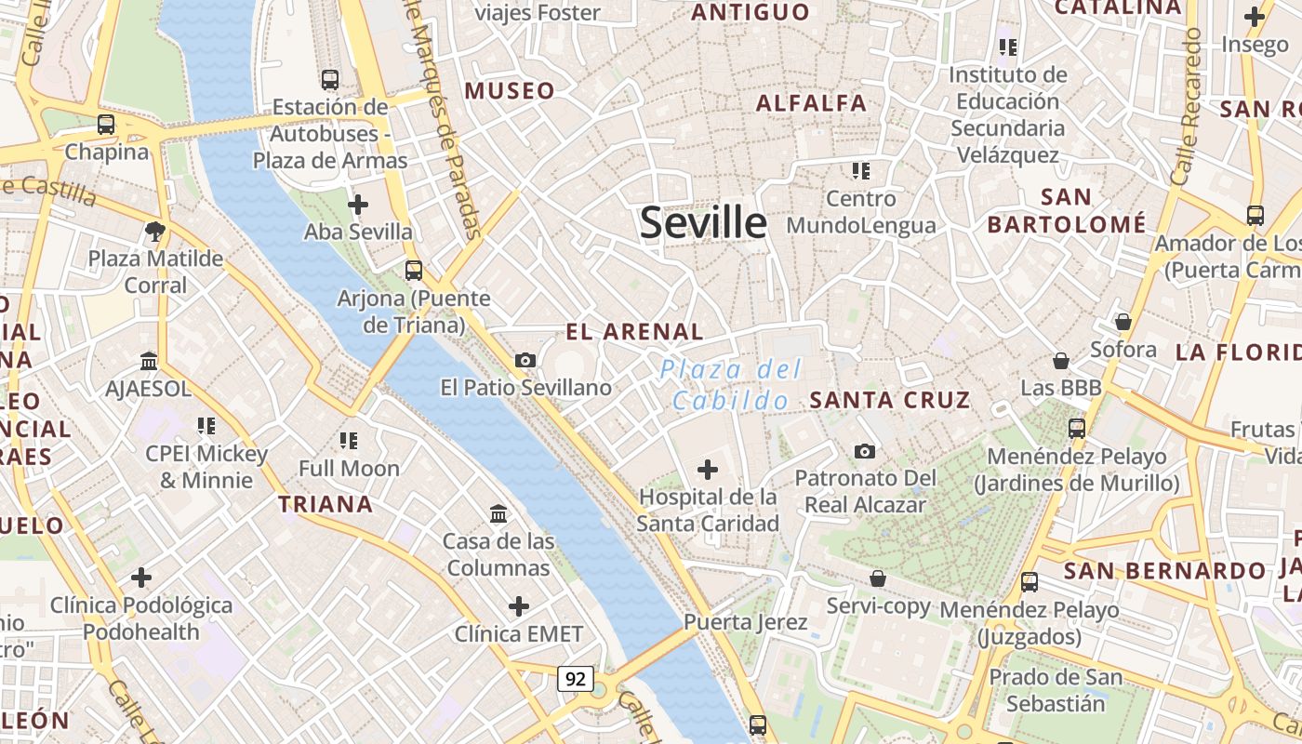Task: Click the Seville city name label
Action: (x=704, y=223)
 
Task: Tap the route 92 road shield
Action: (x=576, y=679)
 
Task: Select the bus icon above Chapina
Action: (x=106, y=125)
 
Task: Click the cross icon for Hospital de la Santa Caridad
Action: (x=708, y=470)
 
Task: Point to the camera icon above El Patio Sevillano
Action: (x=525, y=360)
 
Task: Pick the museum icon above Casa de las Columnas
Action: (x=498, y=513)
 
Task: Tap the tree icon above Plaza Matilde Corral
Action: (x=155, y=231)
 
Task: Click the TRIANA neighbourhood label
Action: (x=326, y=505)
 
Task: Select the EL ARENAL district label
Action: (x=635, y=332)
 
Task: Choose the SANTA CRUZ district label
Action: (x=890, y=401)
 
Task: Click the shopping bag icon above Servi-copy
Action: (x=877, y=578)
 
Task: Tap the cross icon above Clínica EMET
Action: (x=519, y=607)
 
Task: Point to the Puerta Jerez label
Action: (x=746, y=622)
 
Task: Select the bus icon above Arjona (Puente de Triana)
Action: (x=414, y=271)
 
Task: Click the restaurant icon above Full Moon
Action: (x=349, y=440)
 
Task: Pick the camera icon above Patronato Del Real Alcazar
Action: (x=865, y=451)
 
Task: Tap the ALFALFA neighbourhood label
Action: (x=812, y=103)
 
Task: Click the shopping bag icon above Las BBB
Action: (x=1061, y=360)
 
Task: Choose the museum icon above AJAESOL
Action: (x=149, y=361)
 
